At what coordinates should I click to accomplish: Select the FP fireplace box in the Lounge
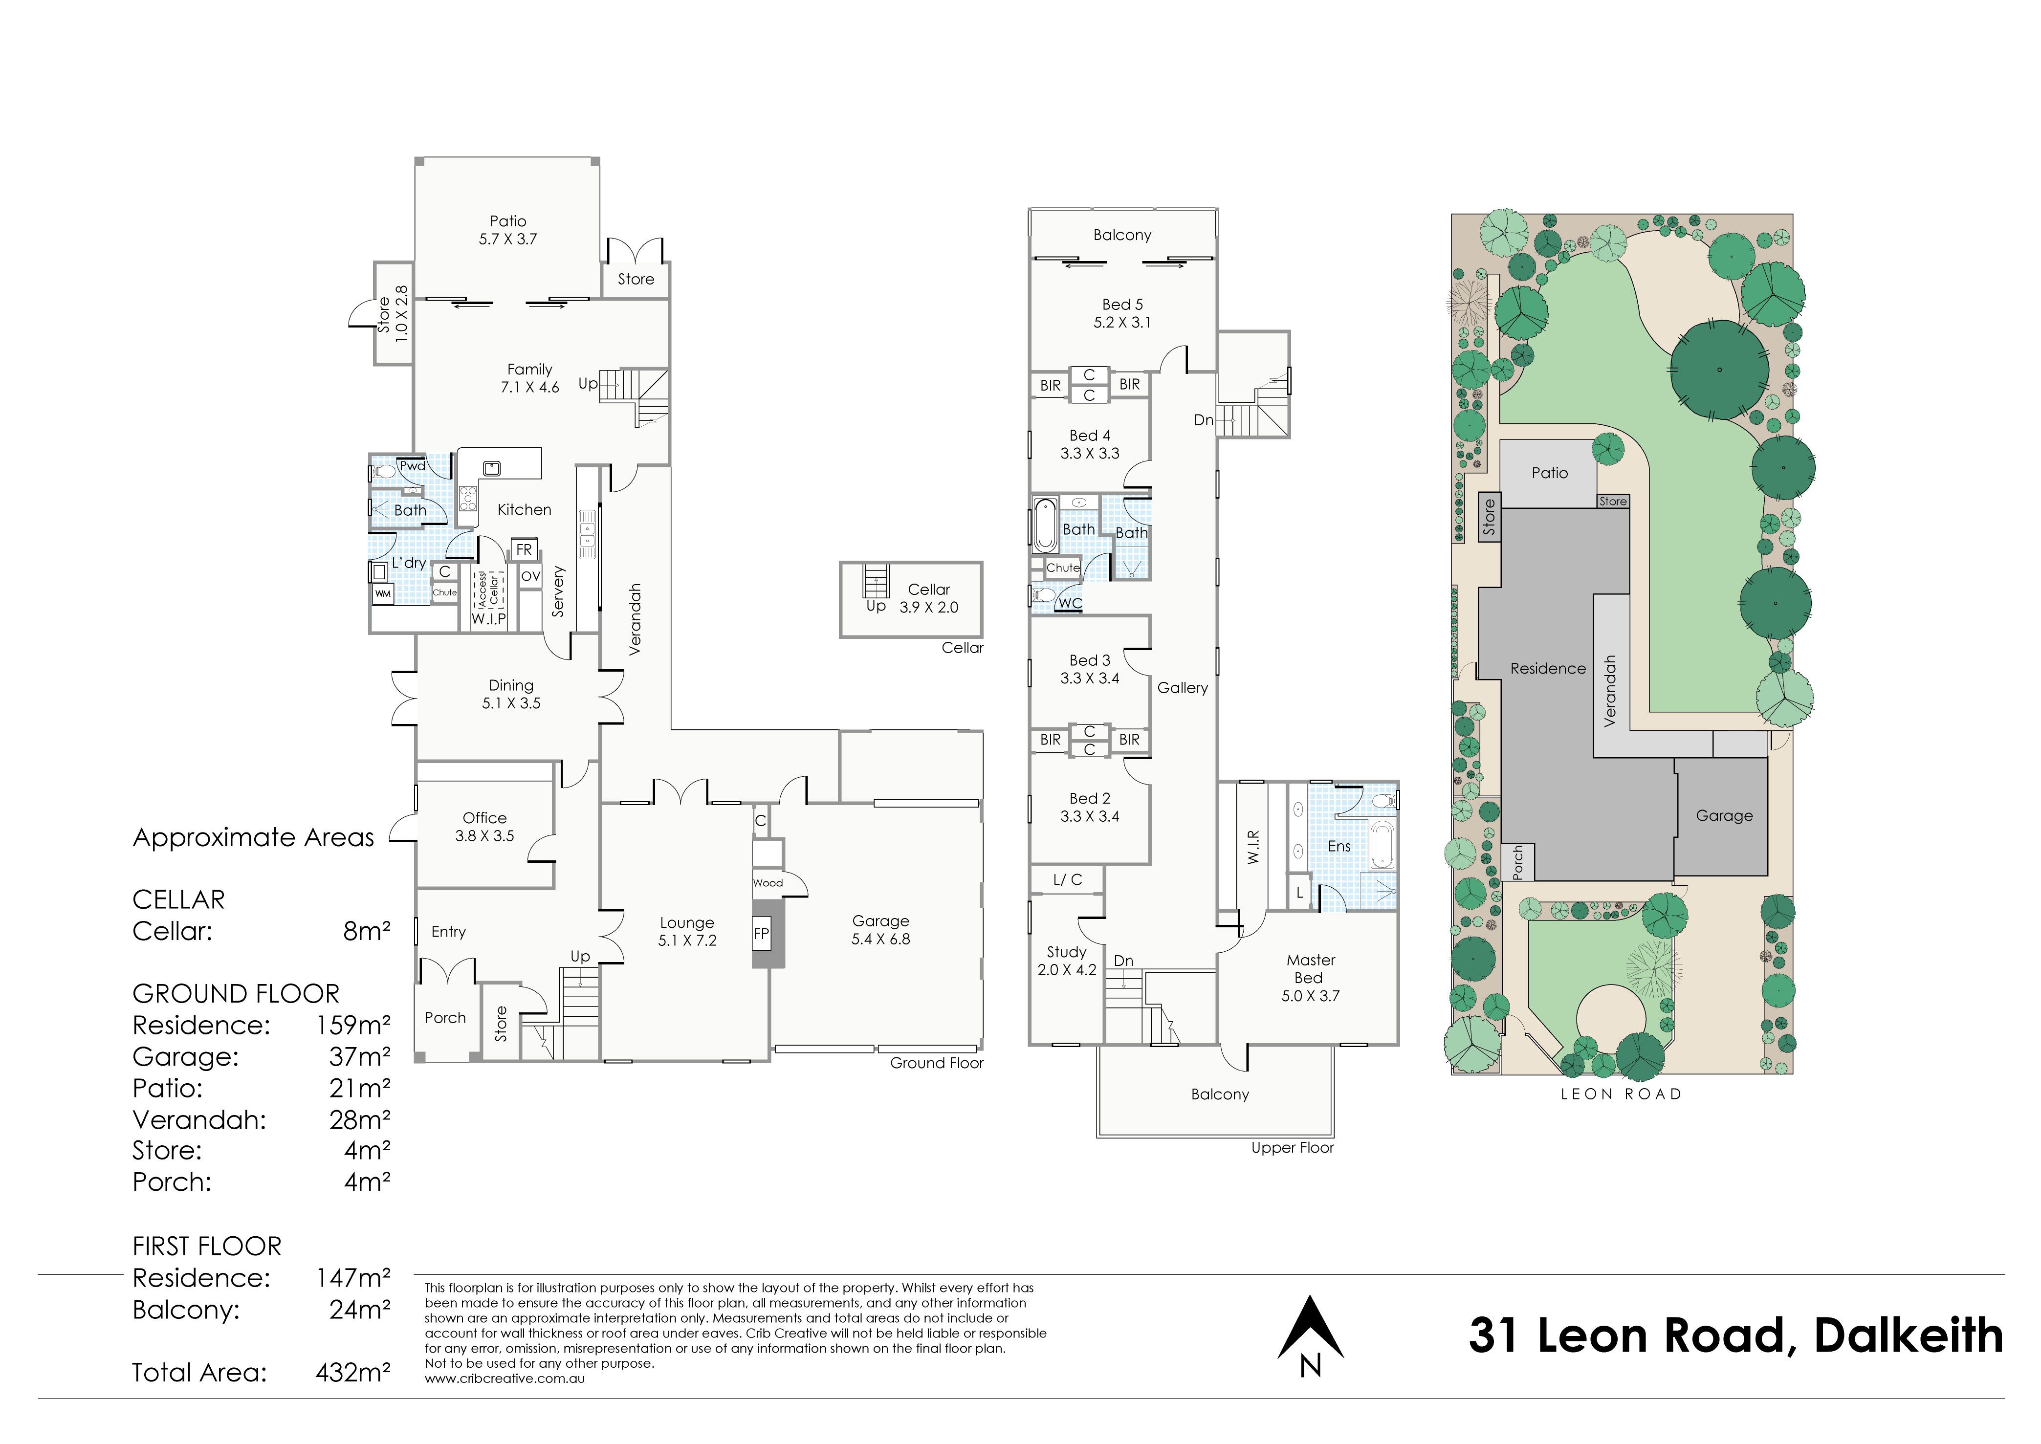[x=761, y=933]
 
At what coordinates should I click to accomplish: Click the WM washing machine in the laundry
[x=382, y=593]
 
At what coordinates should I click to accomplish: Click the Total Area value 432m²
[x=353, y=1373]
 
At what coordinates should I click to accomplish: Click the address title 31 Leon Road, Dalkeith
[x=1736, y=1335]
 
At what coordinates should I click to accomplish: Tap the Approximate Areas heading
[x=253, y=837]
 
